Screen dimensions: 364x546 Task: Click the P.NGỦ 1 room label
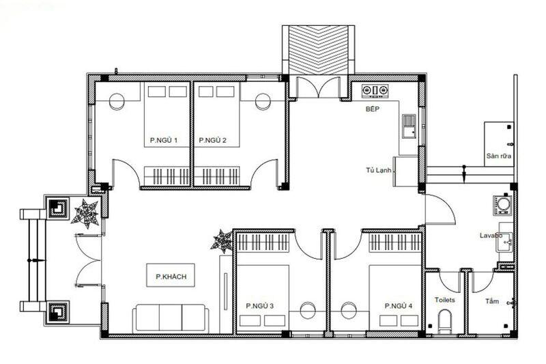pyautogui.click(x=164, y=141)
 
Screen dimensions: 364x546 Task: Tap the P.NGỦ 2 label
pyautogui.click(x=212, y=141)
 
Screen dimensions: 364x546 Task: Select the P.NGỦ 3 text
pyautogui.click(x=260, y=305)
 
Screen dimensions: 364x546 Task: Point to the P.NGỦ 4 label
pyautogui.click(x=399, y=305)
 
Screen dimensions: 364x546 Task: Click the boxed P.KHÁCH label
pyautogui.click(x=171, y=277)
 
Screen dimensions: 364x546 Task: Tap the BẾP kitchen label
pyautogui.click(x=372, y=109)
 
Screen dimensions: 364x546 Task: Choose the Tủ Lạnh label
pyautogui.click(x=378, y=171)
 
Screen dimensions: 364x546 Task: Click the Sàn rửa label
pyautogui.click(x=498, y=156)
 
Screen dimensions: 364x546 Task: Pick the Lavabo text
pyautogui.click(x=491, y=236)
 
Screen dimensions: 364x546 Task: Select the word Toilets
pyautogui.click(x=444, y=300)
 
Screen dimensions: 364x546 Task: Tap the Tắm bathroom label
pyautogui.click(x=491, y=300)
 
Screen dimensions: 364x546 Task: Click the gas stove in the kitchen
pyautogui.click(x=375, y=89)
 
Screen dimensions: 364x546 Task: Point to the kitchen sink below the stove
pyautogui.click(x=409, y=126)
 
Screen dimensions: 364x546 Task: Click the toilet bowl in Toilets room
pyautogui.click(x=445, y=321)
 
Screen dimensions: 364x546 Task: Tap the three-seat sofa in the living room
pyautogui.click(x=170, y=318)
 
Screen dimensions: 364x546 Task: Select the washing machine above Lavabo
pyautogui.click(x=503, y=204)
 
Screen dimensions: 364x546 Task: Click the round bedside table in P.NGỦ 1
pyautogui.click(x=117, y=101)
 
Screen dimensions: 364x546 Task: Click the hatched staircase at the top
pyautogui.click(x=319, y=49)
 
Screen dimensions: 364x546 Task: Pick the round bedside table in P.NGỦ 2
pyautogui.click(x=263, y=101)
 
